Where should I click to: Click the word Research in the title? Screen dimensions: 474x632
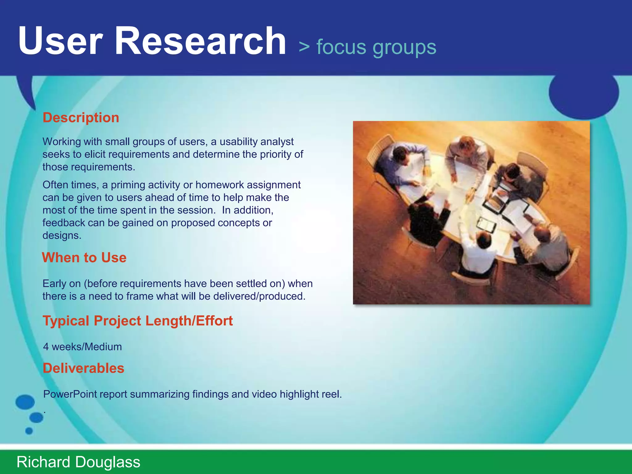point(201,41)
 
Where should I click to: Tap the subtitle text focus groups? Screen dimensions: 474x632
point(376,47)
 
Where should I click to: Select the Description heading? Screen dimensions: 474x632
point(81,118)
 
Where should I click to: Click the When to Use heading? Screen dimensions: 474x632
point(84,258)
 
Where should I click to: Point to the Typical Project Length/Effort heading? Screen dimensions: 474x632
point(138,321)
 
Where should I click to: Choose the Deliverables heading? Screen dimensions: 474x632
point(83,368)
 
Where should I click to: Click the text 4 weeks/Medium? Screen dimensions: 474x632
point(82,347)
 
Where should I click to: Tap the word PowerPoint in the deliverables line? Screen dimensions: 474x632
point(70,394)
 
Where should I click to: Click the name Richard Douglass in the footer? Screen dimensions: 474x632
point(78,462)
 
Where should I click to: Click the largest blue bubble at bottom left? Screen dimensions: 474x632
point(25,402)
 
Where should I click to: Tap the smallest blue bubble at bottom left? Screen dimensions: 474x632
point(29,431)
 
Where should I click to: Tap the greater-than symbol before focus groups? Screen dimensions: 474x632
point(304,47)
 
